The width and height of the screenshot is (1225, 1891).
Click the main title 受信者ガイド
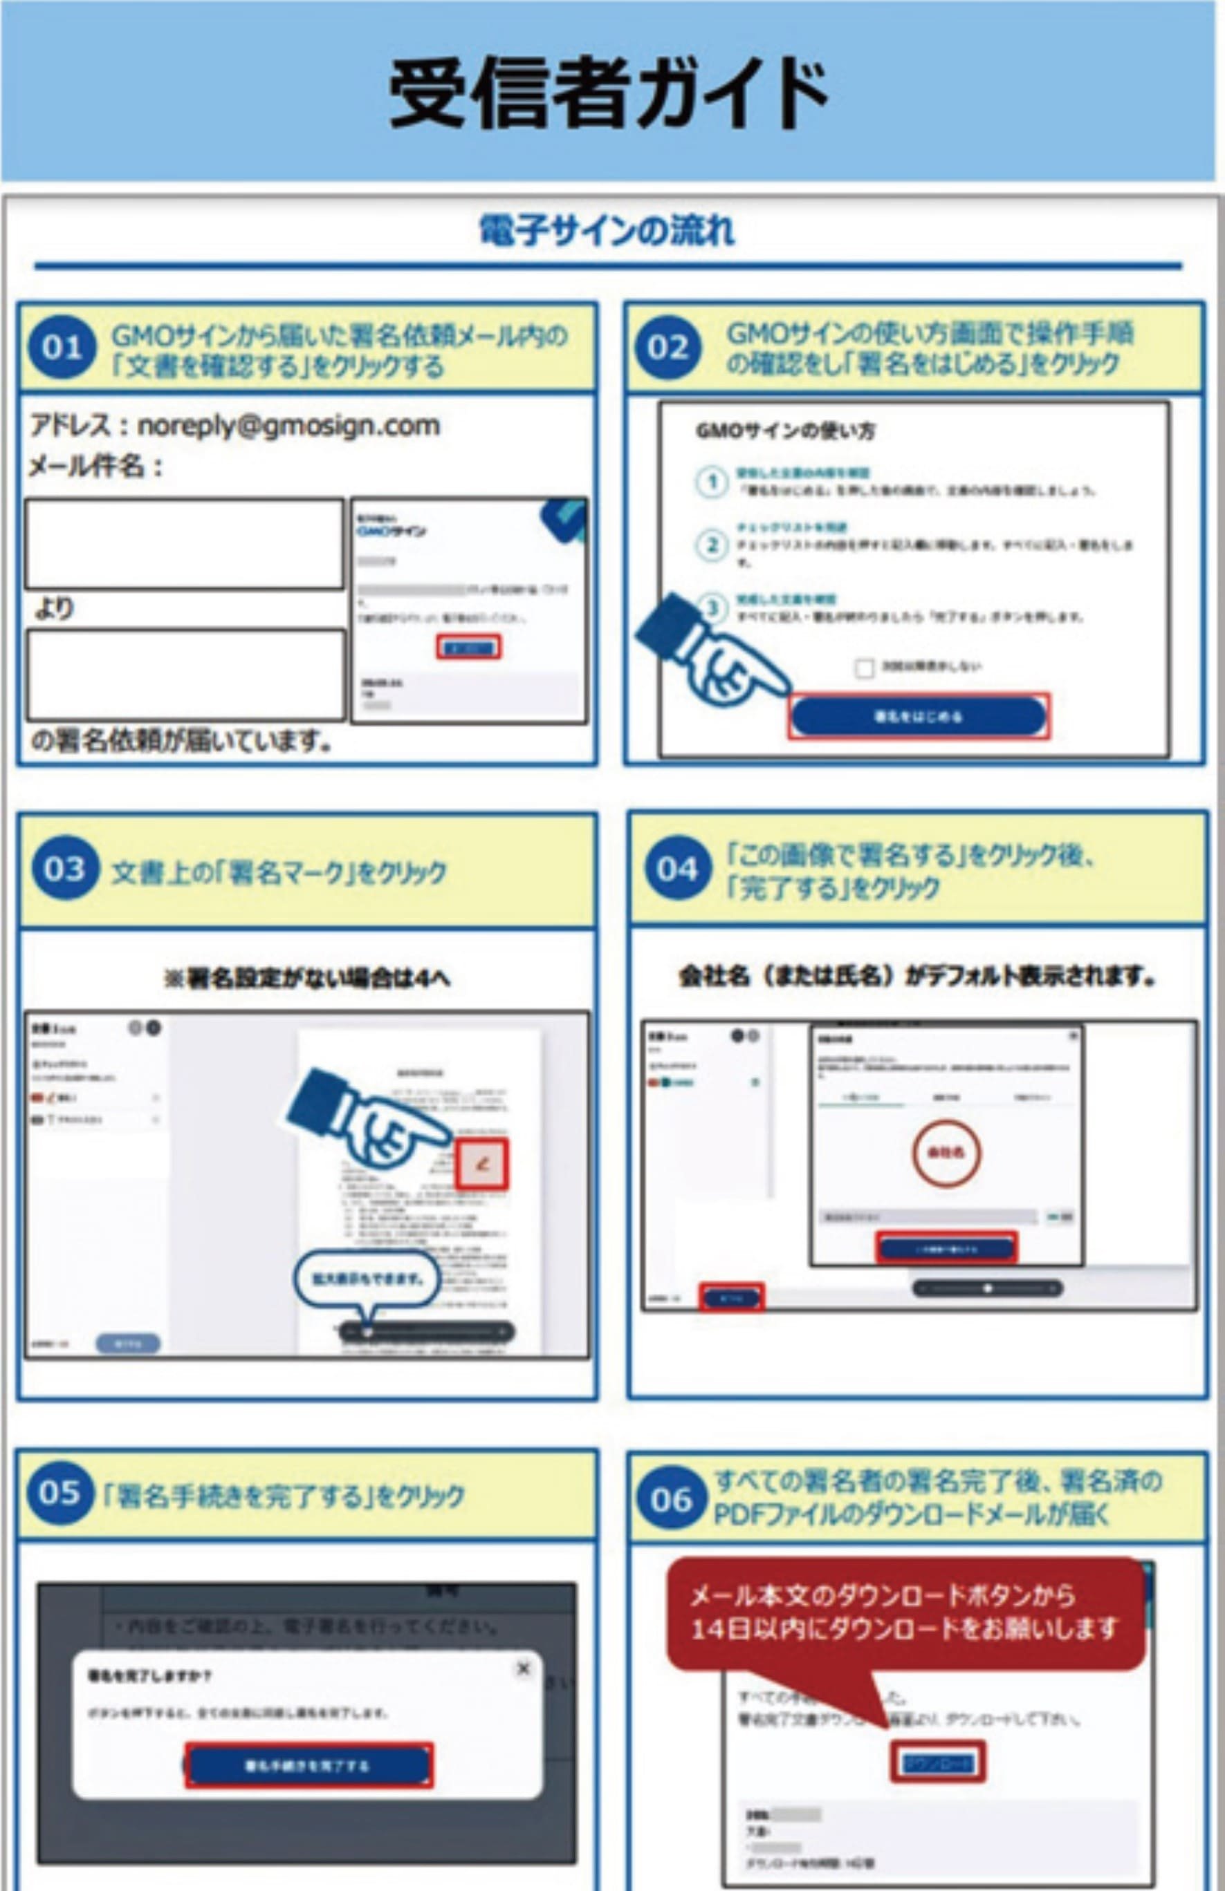pos(608,94)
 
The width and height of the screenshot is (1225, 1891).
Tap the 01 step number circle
pos(61,347)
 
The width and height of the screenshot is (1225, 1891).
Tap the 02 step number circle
pos(667,347)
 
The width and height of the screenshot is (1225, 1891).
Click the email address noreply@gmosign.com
pos(288,426)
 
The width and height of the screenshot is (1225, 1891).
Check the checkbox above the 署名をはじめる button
pos(864,668)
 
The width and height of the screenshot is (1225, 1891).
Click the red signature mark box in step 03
pos(481,1165)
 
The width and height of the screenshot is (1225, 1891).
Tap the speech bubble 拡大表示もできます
pos(367,1279)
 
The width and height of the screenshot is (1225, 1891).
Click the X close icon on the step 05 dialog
pos(523,1668)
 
